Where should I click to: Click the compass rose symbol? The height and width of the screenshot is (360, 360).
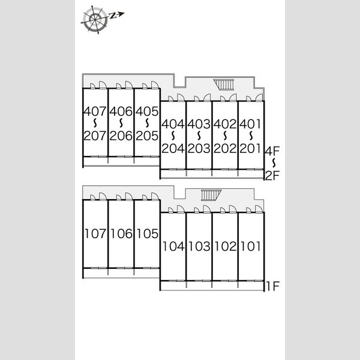coord(95,19)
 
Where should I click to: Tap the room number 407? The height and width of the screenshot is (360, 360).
coord(95,112)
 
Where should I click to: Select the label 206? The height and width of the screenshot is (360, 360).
coord(121,136)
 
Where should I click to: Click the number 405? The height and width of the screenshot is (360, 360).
coord(147,112)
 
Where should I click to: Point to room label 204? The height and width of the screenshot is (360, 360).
coord(173,148)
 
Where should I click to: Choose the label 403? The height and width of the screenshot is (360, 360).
coord(199,124)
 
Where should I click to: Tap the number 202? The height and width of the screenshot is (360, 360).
coord(225,148)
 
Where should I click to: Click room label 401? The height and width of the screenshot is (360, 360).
coord(250,124)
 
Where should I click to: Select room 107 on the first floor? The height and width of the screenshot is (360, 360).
coord(95,234)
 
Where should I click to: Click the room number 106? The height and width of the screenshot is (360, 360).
coord(121,234)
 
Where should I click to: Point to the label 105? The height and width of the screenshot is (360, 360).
coord(148,234)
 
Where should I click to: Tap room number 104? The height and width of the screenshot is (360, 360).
coord(173,247)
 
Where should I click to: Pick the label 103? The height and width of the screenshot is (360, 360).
coord(199,247)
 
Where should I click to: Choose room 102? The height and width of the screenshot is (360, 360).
coord(226,247)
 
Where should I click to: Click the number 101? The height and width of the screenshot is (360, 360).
coord(251,247)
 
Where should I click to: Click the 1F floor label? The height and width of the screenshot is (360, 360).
coord(273,286)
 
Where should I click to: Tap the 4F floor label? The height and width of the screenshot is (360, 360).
coord(272,151)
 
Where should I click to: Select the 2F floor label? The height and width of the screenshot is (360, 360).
coord(272,176)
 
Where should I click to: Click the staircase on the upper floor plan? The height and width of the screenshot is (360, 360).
coord(224,85)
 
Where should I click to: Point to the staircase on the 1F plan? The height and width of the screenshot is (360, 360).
coord(211,195)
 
